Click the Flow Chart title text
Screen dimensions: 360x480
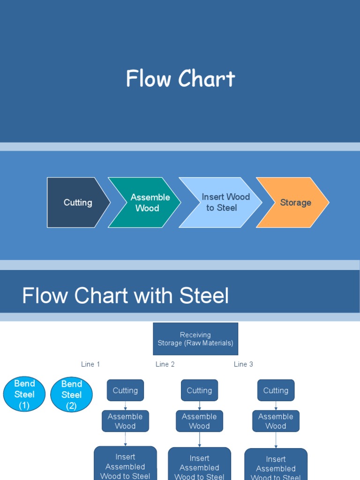coord(180,79)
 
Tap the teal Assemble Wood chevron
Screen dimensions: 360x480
coord(144,202)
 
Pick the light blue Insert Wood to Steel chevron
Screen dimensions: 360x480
coord(220,202)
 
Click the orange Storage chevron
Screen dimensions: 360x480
coord(292,202)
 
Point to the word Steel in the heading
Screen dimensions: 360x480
coord(204,296)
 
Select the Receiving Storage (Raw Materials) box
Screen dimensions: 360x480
coord(195,339)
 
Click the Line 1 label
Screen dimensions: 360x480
coord(90,364)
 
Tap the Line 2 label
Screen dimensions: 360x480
coord(165,364)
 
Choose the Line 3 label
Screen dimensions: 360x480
coord(243,364)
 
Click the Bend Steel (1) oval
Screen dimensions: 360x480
coord(24,394)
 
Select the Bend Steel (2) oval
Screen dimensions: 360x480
coord(71,395)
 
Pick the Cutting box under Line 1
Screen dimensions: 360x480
coord(125,390)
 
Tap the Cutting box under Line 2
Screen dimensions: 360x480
coord(199,390)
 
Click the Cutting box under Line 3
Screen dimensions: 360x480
coord(276,390)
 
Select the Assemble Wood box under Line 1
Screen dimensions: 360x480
coord(125,421)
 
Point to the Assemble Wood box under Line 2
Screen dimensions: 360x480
coord(199,421)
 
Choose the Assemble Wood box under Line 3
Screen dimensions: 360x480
coord(276,421)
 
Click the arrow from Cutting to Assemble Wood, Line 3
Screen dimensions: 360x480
coord(276,405)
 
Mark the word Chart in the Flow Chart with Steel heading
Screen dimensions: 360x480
coord(102,296)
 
